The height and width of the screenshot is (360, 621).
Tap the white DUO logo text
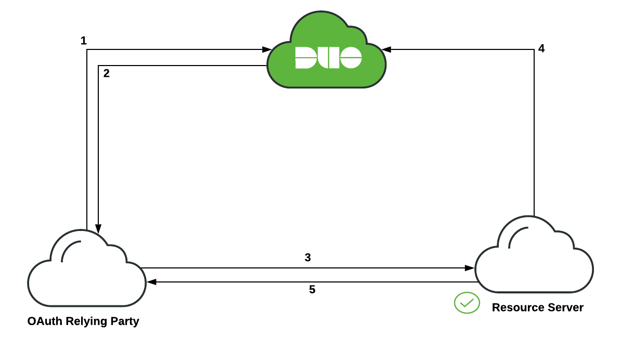click(x=328, y=57)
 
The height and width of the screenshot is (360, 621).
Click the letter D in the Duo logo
click(x=305, y=57)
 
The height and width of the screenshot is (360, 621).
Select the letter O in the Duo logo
click(x=351, y=57)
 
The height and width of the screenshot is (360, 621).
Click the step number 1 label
click(x=84, y=41)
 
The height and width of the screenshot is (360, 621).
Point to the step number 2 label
click(x=106, y=73)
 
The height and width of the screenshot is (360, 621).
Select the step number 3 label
click(x=307, y=258)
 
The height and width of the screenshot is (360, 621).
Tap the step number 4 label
click(x=541, y=49)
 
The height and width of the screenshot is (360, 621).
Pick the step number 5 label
click(x=312, y=290)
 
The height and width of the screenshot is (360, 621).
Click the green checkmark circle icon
click(x=467, y=303)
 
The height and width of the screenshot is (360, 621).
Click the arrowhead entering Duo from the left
click(x=266, y=49)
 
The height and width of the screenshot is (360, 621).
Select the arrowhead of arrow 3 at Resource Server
click(x=470, y=268)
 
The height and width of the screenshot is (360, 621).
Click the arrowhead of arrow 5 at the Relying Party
click(x=151, y=282)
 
